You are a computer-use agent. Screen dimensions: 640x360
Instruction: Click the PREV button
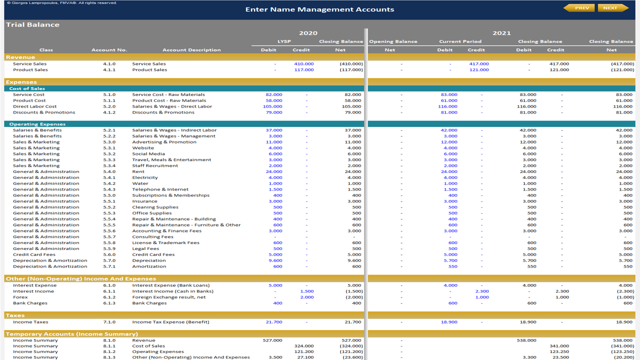[x=579, y=8]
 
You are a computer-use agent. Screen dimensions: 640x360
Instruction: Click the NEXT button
[x=613, y=8]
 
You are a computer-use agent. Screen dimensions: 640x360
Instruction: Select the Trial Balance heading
[x=32, y=25]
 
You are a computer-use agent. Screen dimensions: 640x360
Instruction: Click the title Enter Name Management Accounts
[x=319, y=9]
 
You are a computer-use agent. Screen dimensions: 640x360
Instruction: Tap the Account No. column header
[x=109, y=50]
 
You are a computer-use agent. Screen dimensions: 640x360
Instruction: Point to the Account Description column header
[x=191, y=50]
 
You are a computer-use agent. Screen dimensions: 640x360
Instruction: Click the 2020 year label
[x=308, y=33]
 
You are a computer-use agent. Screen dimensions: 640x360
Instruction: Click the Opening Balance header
[x=393, y=41]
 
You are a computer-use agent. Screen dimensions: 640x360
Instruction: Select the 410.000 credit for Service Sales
[x=303, y=64]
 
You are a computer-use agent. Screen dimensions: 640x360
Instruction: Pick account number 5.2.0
[x=109, y=106]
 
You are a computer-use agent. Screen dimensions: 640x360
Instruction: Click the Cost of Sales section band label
[x=27, y=88]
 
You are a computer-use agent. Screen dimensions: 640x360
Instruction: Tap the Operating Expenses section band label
[x=37, y=124]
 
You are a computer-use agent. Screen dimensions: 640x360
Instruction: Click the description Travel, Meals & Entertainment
[x=171, y=159]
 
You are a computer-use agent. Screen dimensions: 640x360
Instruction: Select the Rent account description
[x=138, y=171]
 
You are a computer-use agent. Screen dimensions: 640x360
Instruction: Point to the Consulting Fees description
[x=152, y=237]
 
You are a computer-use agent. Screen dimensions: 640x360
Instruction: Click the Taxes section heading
[x=15, y=315]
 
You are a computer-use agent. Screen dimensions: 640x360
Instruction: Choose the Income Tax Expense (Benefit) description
[x=170, y=322]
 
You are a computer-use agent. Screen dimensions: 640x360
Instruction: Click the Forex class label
[x=20, y=297]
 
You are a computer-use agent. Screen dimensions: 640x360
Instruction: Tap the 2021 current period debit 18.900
[x=449, y=322]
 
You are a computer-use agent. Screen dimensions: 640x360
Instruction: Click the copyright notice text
[x=61, y=3]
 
